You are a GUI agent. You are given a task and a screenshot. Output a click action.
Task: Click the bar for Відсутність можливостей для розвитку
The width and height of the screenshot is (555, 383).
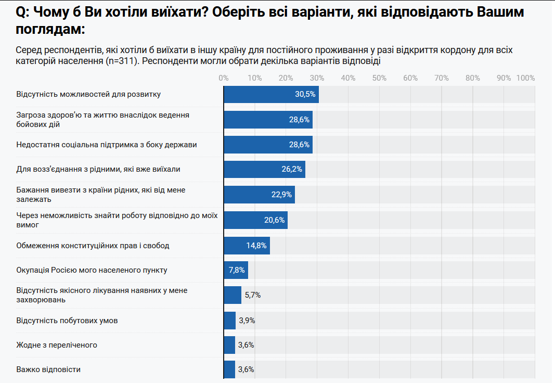point(270,94)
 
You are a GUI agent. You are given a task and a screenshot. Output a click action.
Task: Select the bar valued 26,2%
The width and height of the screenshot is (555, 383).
point(264,169)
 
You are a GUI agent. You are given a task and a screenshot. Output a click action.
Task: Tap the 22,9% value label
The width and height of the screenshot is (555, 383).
point(282,195)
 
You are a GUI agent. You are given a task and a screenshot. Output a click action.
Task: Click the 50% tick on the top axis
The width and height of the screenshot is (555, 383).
point(379,78)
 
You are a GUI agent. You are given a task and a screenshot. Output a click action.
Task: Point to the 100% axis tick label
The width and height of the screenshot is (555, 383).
point(525,78)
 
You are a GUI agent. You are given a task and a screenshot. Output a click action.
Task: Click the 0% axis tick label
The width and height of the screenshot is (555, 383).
point(224,78)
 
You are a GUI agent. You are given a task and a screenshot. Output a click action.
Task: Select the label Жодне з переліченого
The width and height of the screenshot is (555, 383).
point(57,345)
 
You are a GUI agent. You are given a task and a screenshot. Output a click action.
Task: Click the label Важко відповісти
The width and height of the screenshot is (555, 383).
point(48,369)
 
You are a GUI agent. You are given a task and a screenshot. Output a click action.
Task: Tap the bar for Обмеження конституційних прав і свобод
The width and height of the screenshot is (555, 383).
point(247,245)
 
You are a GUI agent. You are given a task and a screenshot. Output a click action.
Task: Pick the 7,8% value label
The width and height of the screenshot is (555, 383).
point(237,270)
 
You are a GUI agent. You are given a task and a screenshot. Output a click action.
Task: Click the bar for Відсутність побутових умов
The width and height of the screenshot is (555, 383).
point(229,320)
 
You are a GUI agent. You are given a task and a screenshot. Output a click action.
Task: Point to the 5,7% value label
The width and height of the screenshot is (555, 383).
point(252,295)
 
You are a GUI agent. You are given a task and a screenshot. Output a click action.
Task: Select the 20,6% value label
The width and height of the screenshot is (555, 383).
point(275,220)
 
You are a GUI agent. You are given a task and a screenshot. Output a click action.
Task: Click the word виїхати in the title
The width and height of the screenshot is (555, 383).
point(171,12)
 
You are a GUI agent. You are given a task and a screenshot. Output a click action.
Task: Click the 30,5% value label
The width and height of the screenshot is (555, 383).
point(305,94)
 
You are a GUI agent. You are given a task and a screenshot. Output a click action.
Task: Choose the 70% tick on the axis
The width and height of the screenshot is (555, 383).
point(442,78)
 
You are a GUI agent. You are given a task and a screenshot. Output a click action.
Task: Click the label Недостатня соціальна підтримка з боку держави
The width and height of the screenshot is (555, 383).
point(107,144)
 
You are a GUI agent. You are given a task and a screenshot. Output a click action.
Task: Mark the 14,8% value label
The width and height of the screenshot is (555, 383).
point(256,245)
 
